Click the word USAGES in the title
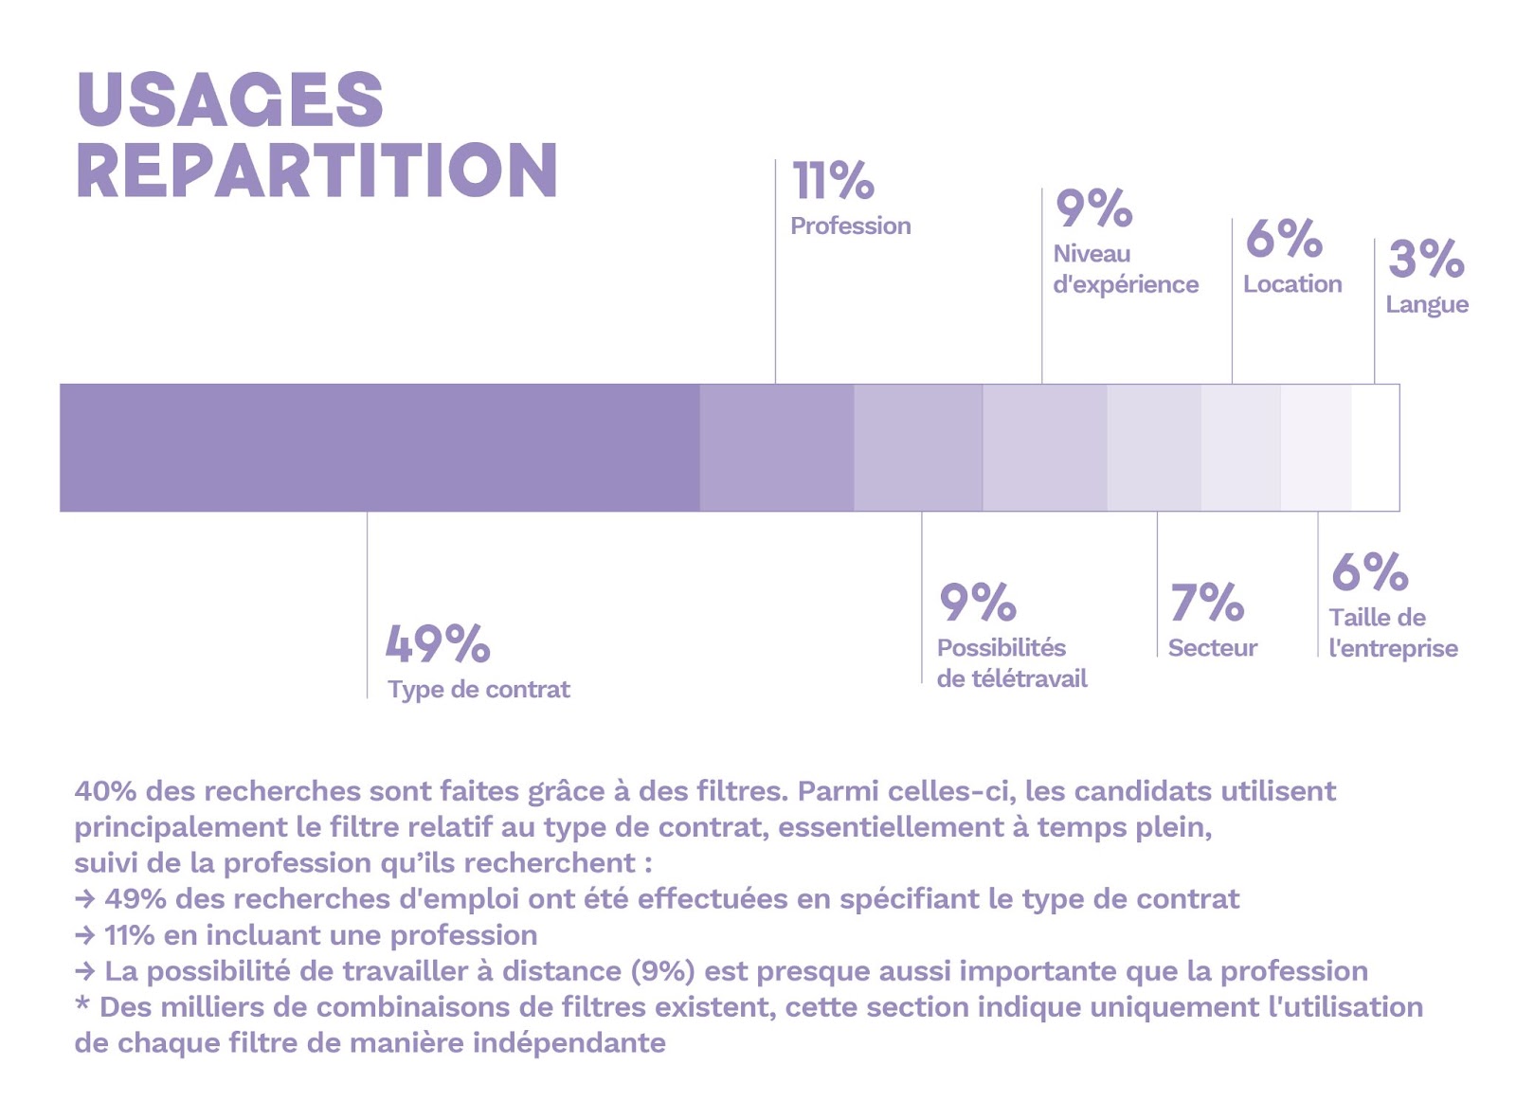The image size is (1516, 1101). [229, 99]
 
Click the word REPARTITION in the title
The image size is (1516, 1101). [316, 171]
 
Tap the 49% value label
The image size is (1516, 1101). [438, 644]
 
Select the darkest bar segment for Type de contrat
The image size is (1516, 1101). [379, 447]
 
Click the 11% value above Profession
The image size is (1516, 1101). [833, 181]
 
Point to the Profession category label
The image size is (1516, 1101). [850, 226]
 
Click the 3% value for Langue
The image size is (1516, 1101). [1426, 259]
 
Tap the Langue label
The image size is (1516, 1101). [1427, 305]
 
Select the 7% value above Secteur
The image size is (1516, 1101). [1206, 603]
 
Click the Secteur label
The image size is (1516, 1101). [1212, 648]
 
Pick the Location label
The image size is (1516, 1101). [1292, 284]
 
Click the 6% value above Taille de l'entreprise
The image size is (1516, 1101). [1369, 571]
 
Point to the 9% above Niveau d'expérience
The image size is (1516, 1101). [1093, 208]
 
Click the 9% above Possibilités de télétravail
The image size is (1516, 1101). [977, 603]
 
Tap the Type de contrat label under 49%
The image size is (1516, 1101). [478, 690]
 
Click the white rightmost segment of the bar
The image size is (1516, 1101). [1375, 447]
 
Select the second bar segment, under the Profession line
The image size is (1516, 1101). [776, 447]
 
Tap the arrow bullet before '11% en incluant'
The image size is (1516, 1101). [85, 935]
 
